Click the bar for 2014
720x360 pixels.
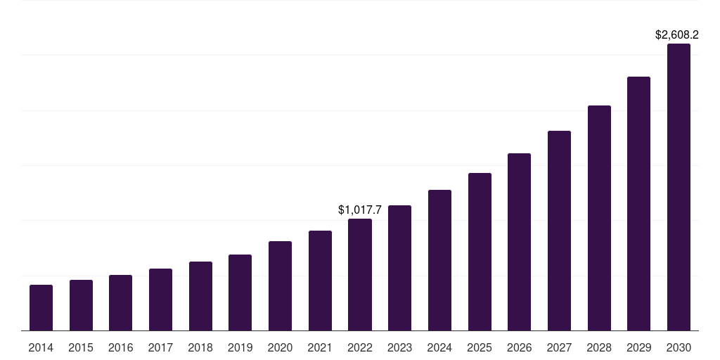coord(41,308)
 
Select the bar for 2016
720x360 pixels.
coord(120,303)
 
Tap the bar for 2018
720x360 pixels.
coord(200,296)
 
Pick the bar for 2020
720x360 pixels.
coord(280,286)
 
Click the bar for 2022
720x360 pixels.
coord(360,275)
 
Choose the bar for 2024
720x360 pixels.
coord(439,260)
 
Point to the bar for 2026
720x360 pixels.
coord(519,242)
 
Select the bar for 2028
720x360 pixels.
coord(599,218)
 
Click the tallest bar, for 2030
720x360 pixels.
coord(679,187)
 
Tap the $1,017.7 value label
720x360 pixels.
coord(360,210)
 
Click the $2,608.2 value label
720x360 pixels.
coord(676,34)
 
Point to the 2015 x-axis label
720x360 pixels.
coord(81,347)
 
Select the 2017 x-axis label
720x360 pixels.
coord(160,347)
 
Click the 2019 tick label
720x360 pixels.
coord(240,347)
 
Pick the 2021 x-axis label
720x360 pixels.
coord(320,347)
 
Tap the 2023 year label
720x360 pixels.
coord(399,347)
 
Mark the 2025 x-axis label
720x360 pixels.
coord(480,347)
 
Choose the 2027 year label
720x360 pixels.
coord(559,347)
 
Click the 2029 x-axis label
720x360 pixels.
coord(638,347)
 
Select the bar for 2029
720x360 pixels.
coord(638,204)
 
